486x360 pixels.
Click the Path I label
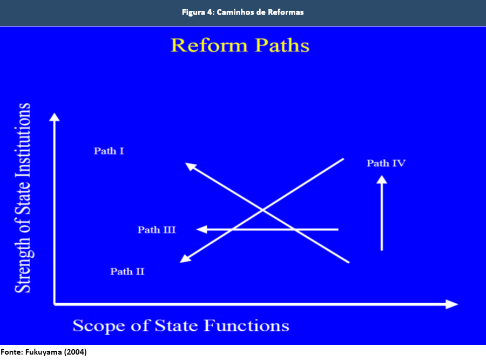point(109,151)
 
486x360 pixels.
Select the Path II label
point(127,271)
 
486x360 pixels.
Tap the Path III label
point(157,230)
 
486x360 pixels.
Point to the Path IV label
point(386,163)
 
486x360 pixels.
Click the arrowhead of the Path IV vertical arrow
point(382,183)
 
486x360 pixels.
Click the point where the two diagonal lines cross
point(263,209)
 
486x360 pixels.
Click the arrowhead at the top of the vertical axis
point(53,117)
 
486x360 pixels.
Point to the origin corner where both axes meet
point(55,304)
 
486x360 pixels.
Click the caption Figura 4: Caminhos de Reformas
point(242,12)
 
